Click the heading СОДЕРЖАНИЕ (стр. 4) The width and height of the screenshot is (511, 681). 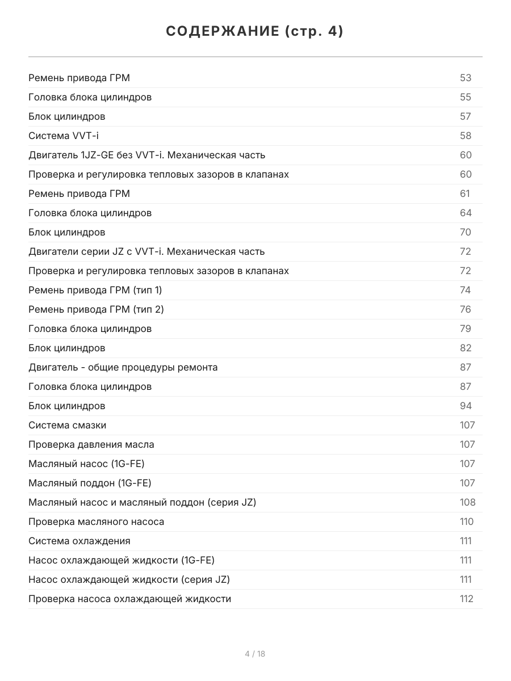click(x=255, y=32)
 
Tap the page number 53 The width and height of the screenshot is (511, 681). click(x=466, y=78)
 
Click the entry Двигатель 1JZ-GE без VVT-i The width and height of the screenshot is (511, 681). click(x=146, y=155)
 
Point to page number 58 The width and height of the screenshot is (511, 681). click(x=466, y=136)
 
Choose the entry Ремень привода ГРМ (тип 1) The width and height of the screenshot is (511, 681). click(x=95, y=290)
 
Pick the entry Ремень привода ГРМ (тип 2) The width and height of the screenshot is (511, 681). click(x=96, y=309)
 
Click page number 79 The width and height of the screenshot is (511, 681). click(x=466, y=329)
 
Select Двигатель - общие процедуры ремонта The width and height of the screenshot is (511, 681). click(x=123, y=367)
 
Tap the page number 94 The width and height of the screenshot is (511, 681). click(x=466, y=406)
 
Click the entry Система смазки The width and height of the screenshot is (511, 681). click(x=67, y=425)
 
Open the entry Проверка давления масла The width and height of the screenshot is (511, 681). click(x=91, y=444)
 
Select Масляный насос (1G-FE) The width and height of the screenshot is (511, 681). click(x=86, y=464)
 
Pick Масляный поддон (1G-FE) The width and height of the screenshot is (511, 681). click(x=90, y=483)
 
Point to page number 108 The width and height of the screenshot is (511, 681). click(x=467, y=502)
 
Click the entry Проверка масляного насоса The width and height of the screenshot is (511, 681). click(x=97, y=522)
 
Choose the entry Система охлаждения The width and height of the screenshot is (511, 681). click(x=79, y=541)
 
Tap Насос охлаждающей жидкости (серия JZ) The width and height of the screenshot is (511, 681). click(x=129, y=579)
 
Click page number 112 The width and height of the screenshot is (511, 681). click(x=466, y=599)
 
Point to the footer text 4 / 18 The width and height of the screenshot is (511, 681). click(x=255, y=654)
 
